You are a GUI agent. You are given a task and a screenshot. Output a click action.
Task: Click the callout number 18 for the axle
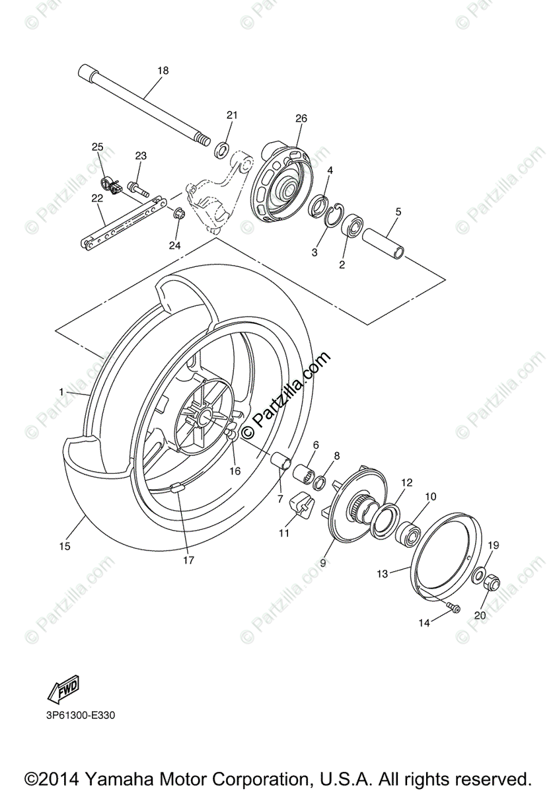(163, 71)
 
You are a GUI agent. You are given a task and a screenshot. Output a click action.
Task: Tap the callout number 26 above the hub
(301, 119)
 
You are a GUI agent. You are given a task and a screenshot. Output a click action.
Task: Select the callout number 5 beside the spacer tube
(398, 212)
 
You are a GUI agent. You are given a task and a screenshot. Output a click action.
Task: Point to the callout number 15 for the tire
(64, 546)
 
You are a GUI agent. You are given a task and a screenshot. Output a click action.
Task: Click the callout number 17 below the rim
(189, 560)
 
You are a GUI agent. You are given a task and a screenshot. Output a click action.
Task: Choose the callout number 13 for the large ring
(383, 574)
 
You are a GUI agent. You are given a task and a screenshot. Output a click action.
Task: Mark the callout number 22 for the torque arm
(97, 198)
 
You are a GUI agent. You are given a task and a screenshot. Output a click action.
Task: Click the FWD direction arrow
(63, 690)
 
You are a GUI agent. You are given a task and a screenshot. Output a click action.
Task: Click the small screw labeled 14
(455, 607)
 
